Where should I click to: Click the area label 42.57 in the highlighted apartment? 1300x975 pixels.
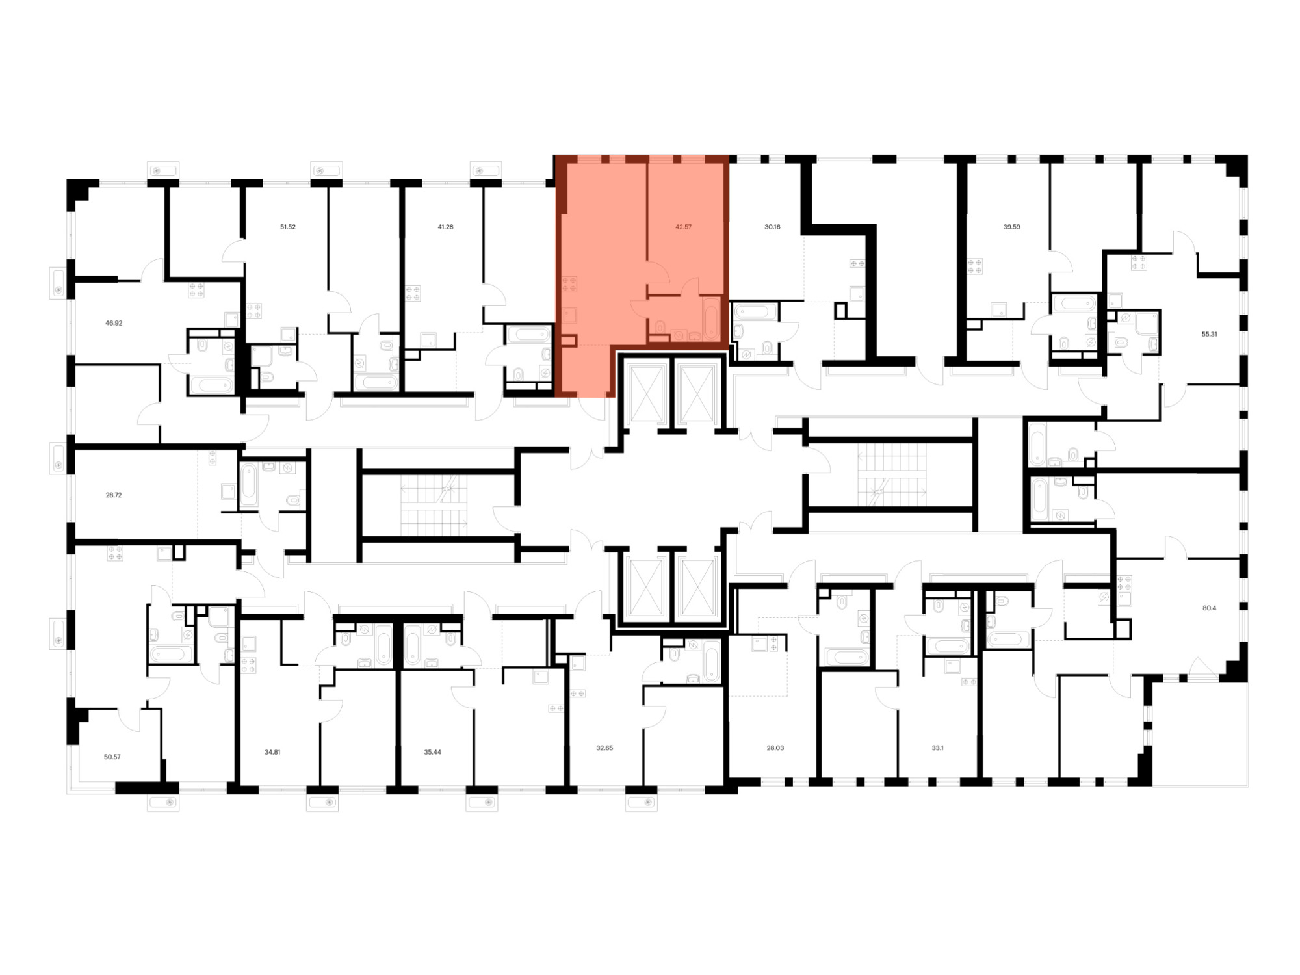click(x=683, y=227)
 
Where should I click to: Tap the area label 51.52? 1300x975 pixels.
click(x=288, y=227)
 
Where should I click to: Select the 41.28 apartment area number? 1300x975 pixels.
click(x=445, y=227)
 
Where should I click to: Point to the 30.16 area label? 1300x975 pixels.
click(x=772, y=227)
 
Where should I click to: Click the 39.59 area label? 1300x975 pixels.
click(x=1011, y=227)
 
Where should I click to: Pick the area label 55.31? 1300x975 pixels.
click(x=1209, y=334)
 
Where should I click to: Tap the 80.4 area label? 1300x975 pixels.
click(x=1209, y=608)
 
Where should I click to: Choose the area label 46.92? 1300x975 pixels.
click(x=114, y=322)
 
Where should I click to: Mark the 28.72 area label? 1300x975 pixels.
click(x=114, y=495)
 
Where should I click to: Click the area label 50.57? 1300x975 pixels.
click(x=112, y=757)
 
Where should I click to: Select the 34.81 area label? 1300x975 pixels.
click(x=272, y=752)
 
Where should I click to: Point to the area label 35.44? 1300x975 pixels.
click(x=432, y=752)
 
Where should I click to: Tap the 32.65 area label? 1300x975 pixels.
click(x=604, y=748)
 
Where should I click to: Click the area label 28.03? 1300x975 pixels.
click(x=775, y=748)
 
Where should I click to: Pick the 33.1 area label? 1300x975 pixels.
click(x=937, y=748)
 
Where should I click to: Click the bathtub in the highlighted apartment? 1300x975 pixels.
click(x=711, y=318)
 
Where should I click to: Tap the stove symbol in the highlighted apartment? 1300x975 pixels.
click(x=569, y=284)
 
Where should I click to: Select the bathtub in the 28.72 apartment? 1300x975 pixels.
click(x=249, y=485)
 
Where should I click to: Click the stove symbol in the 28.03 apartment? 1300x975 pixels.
click(x=773, y=644)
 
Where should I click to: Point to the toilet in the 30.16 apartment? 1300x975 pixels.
click(x=767, y=349)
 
